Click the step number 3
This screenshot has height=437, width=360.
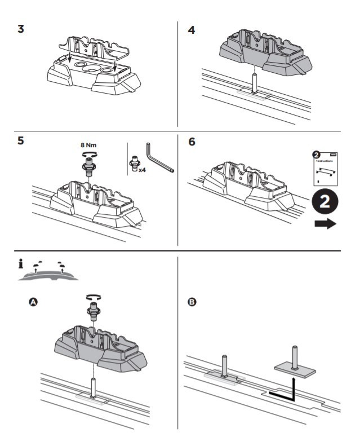coord(21,28)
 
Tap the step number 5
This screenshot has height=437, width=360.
coord(21,141)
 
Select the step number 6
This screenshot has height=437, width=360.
coord(192,142)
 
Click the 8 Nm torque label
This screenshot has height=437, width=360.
coord(90,145)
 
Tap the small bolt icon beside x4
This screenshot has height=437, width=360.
coord(135,164)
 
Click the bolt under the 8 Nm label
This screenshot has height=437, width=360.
coord(89,165)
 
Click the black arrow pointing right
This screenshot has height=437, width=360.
coord(325,224)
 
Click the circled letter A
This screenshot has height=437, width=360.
coord(33,303)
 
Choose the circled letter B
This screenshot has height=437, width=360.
coord(192,303)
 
